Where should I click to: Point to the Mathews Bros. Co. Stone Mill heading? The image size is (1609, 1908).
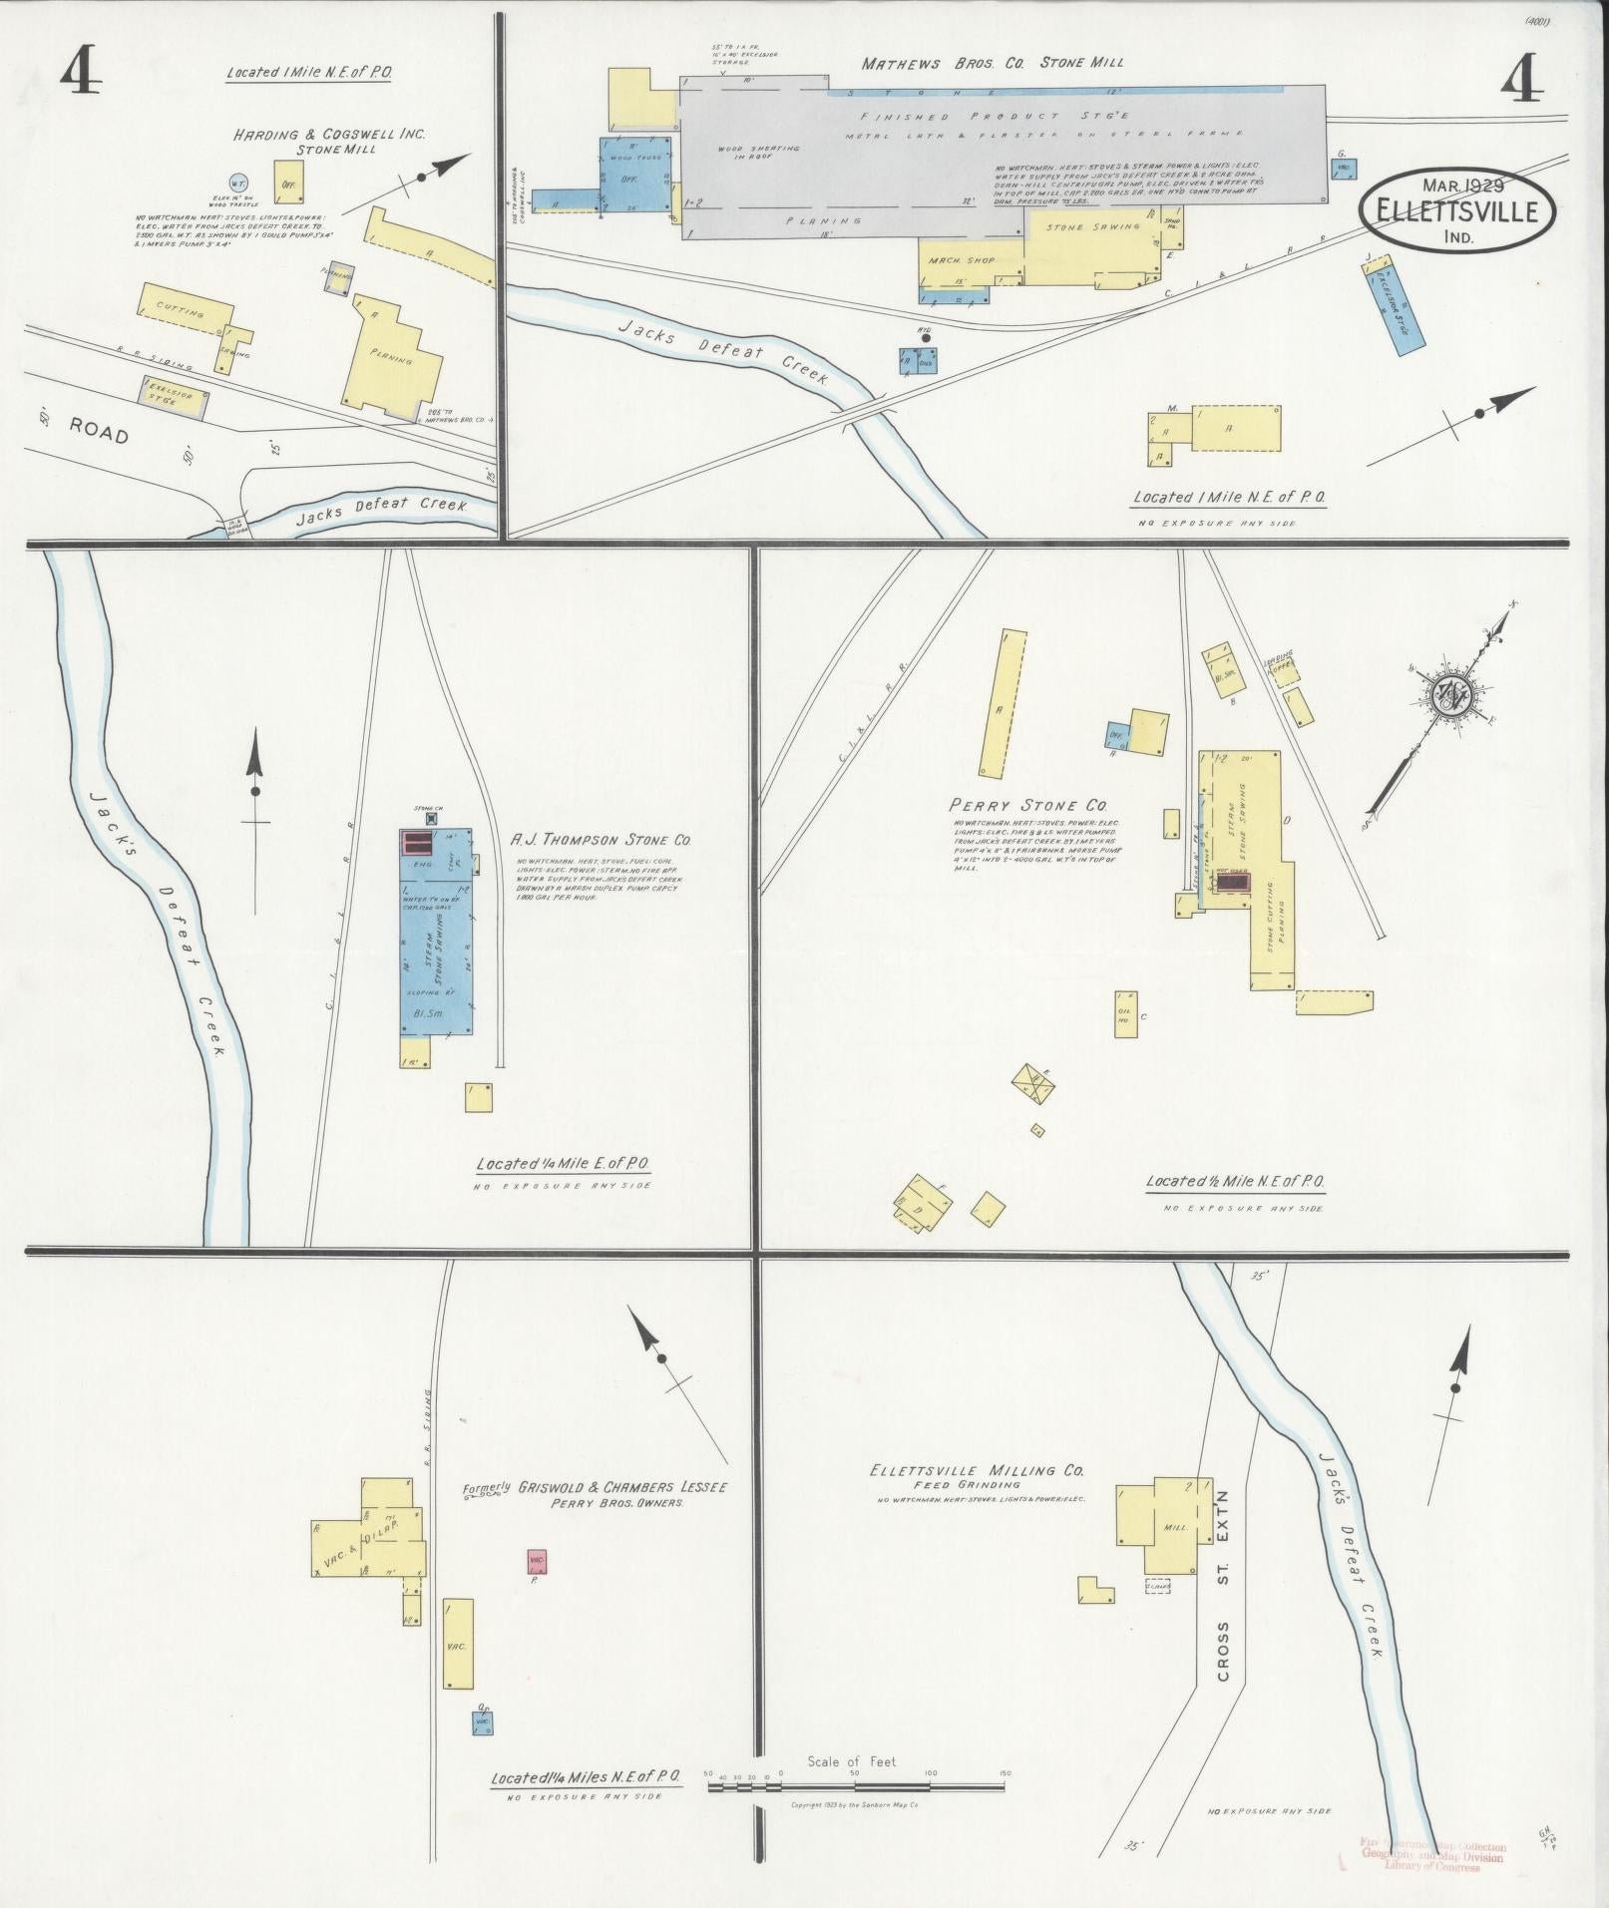992,63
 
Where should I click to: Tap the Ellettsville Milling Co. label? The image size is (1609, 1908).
976,1471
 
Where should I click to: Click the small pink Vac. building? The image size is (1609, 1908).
537,1561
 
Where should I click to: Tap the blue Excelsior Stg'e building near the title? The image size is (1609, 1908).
1395,304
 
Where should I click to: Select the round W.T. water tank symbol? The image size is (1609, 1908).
237,182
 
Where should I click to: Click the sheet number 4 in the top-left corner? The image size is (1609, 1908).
80,72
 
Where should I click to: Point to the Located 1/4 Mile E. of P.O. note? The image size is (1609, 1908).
564,1164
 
